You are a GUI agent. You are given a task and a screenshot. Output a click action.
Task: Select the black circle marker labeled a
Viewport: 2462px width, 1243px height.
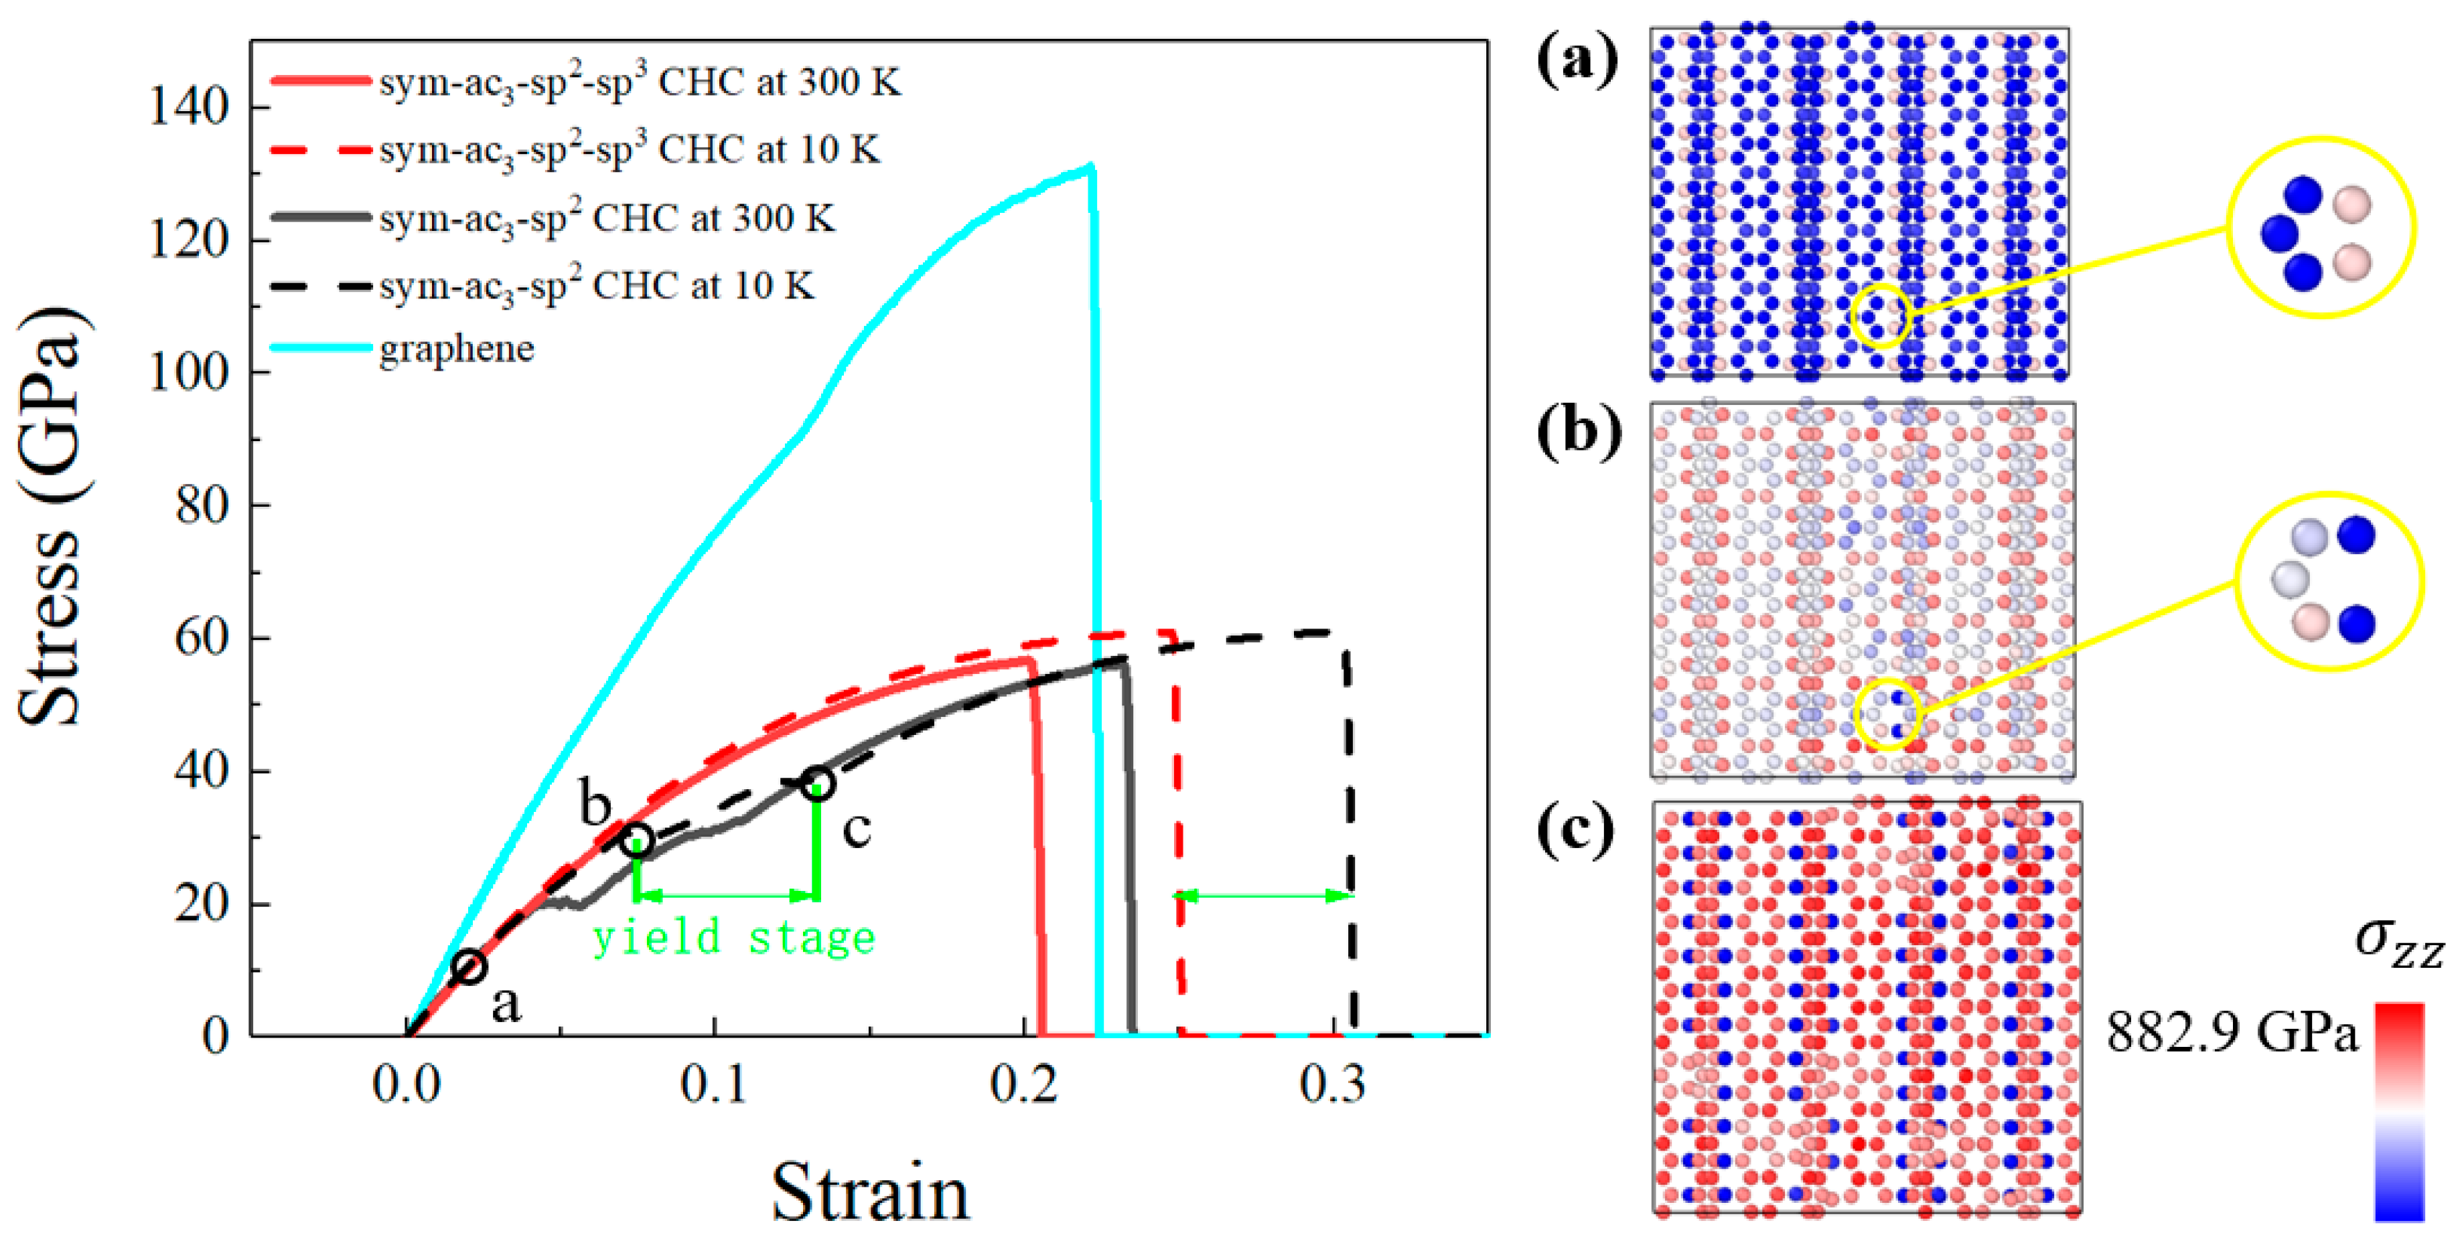(x=469, y=967)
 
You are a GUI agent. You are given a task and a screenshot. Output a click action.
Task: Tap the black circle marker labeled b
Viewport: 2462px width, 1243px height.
(x=638, y=840)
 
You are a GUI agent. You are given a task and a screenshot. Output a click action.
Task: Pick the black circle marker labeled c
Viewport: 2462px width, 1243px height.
(x=817, y=783)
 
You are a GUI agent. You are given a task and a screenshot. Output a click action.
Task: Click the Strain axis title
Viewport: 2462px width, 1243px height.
(x=870, y=1192)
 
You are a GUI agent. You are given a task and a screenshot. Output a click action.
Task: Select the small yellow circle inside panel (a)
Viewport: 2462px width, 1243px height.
(x=1880, y=315)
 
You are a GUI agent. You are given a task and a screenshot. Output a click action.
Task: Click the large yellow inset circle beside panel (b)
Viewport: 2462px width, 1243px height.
(x=2329, y=581)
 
